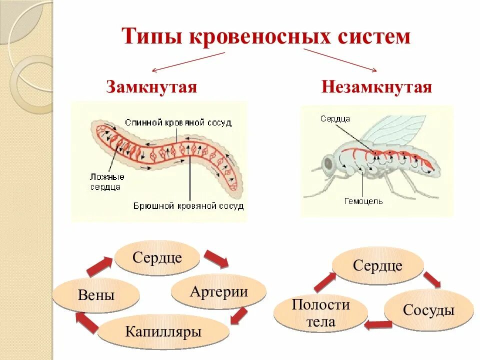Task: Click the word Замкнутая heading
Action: click(151, 87)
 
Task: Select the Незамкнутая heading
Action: click(376, 87)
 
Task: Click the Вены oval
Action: click(96, 295)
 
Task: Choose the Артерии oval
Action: click(219, 291)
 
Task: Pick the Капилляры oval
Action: click(163, 331)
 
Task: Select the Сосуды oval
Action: click(428, 310)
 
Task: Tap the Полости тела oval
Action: click(321, 313)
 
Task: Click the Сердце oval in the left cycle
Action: click(157, 258)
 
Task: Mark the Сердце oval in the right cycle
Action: click(377, 265)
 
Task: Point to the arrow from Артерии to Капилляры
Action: click(239, 316)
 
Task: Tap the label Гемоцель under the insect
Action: click(363, 201)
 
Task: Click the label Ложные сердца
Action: click(105, 181)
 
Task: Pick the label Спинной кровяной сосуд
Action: click(178, 122)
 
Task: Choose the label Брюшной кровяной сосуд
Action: click(188, 205)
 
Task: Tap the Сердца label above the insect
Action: click(335, 119)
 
